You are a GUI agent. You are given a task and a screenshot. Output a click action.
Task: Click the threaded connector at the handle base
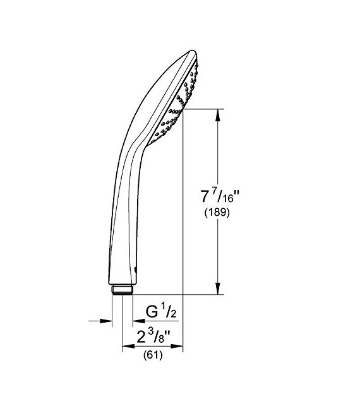pyautogui.click(x=122, y=289)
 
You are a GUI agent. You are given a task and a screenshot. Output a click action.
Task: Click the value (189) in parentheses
pyautogui.click(x=216, y=213)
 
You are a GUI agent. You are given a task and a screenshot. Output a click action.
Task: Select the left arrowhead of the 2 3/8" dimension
pyautogui.click(x=126, y=347)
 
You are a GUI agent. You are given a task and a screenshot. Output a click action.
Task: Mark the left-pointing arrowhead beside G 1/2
pyautogui.click(x=135, y=321)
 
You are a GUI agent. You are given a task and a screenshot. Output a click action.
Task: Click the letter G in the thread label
pyautogui.click(x=152, y=312)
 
